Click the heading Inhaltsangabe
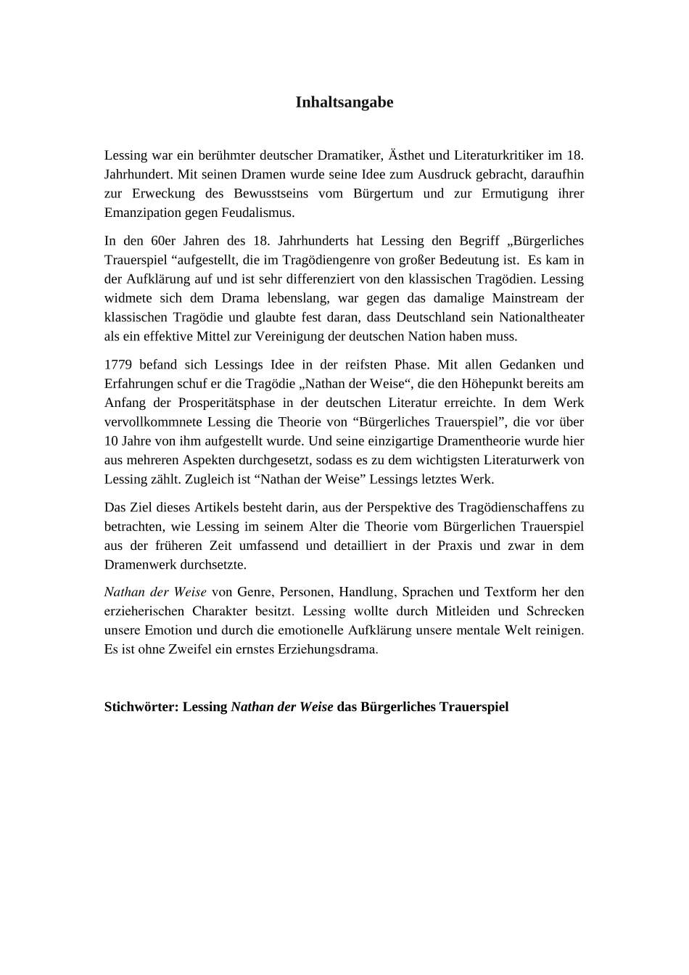pos(344,102)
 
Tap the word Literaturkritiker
pos(498,155)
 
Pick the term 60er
pos(164,241)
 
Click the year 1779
pos(117,365)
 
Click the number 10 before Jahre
pos(111,441)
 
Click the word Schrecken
pos(556,612)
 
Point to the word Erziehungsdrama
pos(327,649)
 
